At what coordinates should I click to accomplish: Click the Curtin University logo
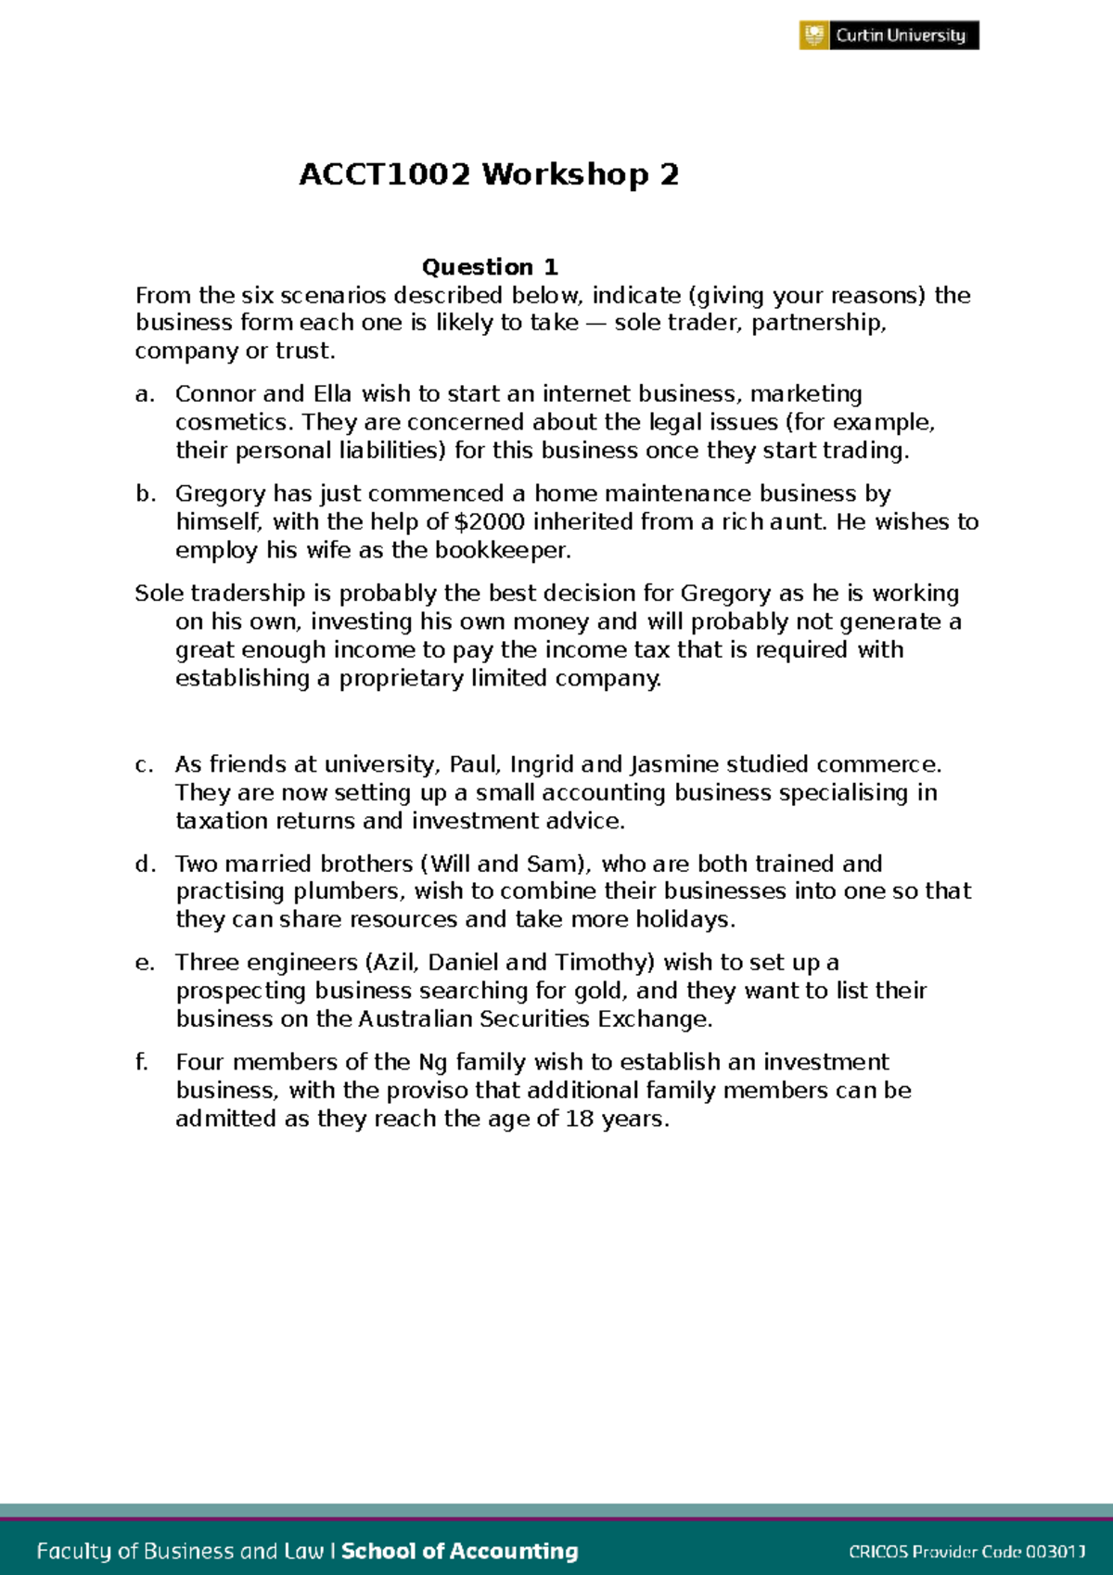click(x=889, y=35)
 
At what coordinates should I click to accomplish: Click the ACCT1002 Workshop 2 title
click(x=489, y=174)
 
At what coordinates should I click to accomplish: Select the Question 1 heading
click(x=490, y=267)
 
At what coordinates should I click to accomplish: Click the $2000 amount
click(x=490, y=522)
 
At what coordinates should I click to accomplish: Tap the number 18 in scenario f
click(x=579, y=1120)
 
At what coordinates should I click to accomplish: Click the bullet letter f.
click(x=142, y=1062)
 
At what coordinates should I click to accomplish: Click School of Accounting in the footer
click(x=460, y=1551)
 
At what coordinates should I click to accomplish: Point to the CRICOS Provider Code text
click(x=966, y=1552)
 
